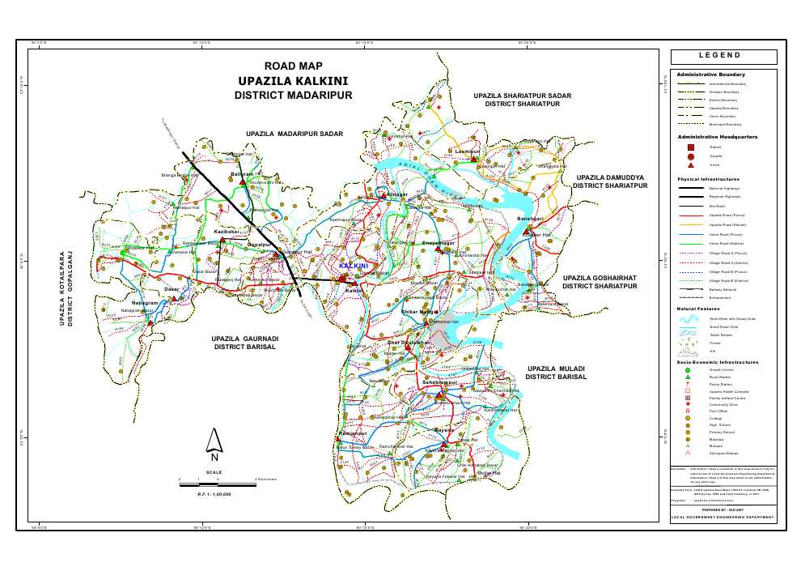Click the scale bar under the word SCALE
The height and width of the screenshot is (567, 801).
coord(218,480)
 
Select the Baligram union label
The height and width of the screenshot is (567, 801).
coord(243,174)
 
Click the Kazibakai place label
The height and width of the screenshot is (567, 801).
coord(226,232)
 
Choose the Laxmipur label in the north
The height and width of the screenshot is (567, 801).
coord(468,151)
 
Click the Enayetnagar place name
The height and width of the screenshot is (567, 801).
coord(439,242)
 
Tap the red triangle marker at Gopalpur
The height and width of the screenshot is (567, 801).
coord(275,254)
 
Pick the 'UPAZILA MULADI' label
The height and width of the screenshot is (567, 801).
coord(555,369)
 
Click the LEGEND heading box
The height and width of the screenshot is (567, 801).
coord(723,57)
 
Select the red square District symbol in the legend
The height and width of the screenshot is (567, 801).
coord(690,147)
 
